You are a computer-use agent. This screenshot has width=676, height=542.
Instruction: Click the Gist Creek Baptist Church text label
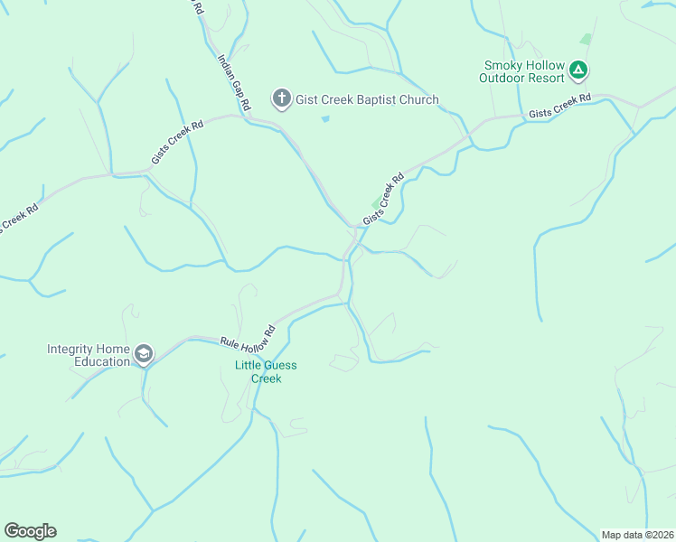tap(367, 99)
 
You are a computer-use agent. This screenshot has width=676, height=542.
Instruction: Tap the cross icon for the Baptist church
tap(281, 98)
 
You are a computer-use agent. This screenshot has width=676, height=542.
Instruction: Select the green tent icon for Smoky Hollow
tap(579, 70)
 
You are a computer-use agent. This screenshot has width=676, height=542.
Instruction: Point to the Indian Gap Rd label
tap(234, 81)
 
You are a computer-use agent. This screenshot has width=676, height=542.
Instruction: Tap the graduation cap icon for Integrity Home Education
tap(143, 355)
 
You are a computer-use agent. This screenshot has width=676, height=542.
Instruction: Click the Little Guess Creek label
tap(266, 371)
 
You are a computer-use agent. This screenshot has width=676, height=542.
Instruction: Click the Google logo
tap(30, 531)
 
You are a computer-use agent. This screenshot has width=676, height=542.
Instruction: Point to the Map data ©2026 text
tap(637, 535)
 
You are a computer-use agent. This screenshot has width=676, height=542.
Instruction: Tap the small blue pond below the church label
tap(325, 118)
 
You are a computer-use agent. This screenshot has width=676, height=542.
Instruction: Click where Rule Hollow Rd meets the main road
tap(342, 294)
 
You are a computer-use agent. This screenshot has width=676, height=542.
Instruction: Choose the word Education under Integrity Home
tap(103, 362)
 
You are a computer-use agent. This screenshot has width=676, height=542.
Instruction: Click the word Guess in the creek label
tap(279, 365)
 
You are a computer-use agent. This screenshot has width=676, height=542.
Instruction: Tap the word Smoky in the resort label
tap(502, 66)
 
